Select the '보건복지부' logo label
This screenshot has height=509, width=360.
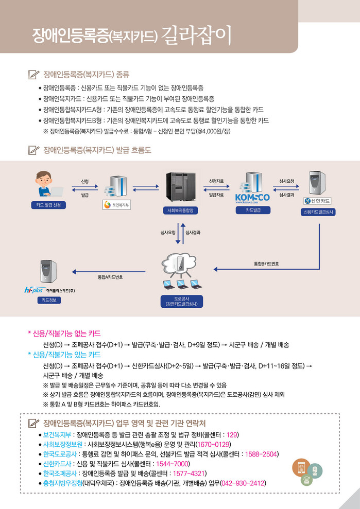(x=117, y=204)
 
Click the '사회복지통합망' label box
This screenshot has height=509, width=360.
(x=180, y=210)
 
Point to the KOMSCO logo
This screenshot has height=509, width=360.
(x=252, y=198)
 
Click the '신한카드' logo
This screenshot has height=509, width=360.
(x=318, y=200)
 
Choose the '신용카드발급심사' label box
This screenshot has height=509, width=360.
(x=318, y=212)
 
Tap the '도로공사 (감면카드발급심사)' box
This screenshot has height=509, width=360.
(x=181, y=301)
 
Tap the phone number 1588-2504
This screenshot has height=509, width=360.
(x=263, y=454)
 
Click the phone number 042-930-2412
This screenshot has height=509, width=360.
(x=249, y=483)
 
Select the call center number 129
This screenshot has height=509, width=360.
(x=232, y=434)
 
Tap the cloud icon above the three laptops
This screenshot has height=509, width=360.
(x=180, y=263)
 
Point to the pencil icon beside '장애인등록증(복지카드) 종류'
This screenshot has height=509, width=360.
(x=33, y=75)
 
